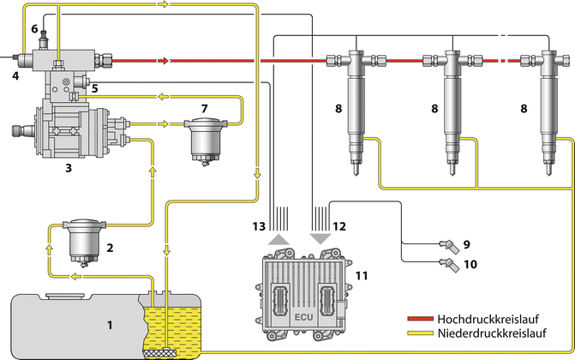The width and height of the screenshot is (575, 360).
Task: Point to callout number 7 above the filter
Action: (203, 107)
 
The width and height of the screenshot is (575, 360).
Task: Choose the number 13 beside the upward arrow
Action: (260, 226)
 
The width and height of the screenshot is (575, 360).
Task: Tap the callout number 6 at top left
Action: (34, 28)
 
